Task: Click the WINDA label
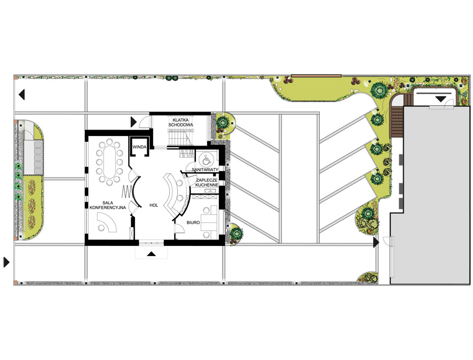(139, 147)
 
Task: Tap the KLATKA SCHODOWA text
(181, 122)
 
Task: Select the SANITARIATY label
(205, 170)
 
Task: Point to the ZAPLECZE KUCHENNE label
(207, 182)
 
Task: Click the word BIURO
(193, 222)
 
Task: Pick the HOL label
(154, 205)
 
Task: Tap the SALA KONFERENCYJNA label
(108, 205)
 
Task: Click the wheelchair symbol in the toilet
(206, 159)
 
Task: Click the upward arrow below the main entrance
(152, 254)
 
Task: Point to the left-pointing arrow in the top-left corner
(22, 94)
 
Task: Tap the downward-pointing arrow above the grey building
(441, 99)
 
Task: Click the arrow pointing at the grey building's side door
(376, 242)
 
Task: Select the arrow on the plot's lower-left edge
(6, 262)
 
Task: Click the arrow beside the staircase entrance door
(133, 122)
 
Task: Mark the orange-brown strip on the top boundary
(316, 76)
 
